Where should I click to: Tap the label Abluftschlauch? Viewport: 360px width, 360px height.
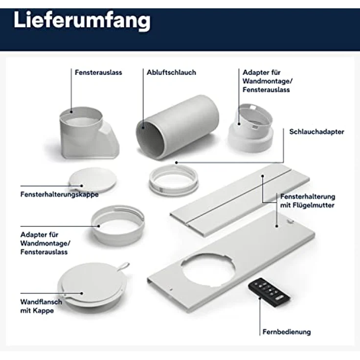[x=171, y=72]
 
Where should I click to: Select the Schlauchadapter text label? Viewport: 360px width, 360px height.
[x=316, y=132]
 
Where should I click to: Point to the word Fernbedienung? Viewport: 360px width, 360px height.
[x=287, y=332]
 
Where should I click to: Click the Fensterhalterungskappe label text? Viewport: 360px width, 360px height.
[x=60, y=195]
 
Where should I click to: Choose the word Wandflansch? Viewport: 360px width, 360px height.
[x=41, y=302]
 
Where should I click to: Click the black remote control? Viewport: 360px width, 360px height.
[x=269, y=292]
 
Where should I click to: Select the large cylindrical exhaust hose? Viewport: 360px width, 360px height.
[x=177, y=127]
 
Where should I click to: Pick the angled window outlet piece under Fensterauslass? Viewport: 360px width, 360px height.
[x=89, y=133]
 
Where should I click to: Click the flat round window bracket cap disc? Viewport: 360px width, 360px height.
[x=92, y=180]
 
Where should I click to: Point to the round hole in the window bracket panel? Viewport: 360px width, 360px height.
[x=208, y=270]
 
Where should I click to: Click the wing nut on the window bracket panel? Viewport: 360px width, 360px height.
[x=291, y=221]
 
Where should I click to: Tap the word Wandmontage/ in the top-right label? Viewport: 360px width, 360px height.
[x=268, y=81]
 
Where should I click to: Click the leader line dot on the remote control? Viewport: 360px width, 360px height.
[x=260, y=298]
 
